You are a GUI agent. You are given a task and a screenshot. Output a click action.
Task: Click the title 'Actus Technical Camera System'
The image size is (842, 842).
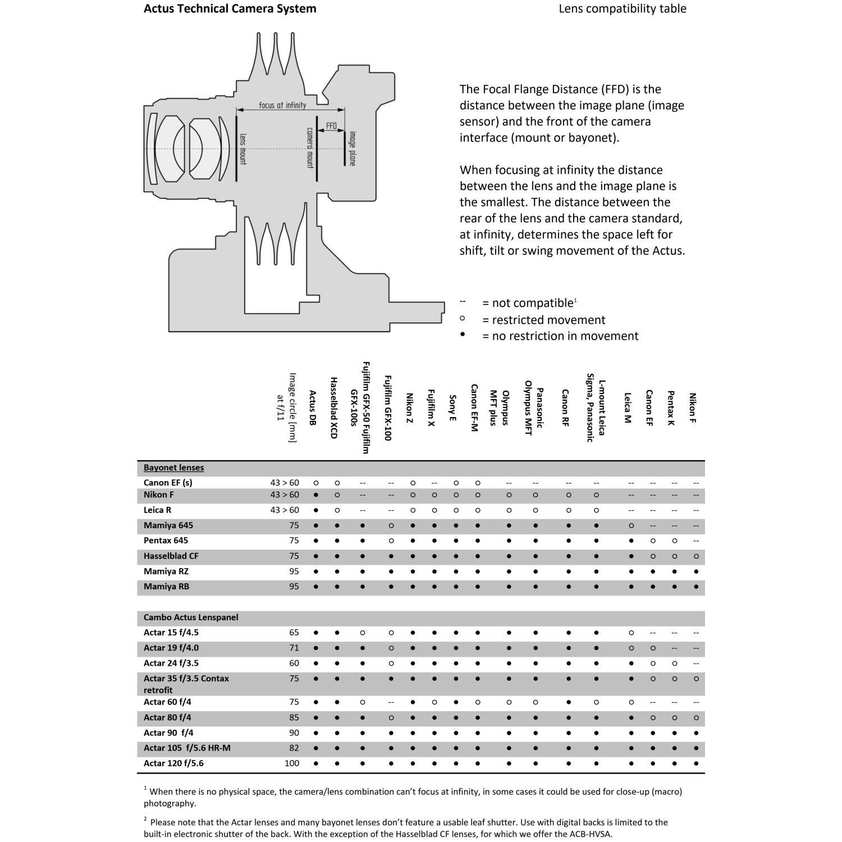point(230,9)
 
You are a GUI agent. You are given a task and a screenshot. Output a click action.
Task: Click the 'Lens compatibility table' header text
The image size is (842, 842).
point(622,9)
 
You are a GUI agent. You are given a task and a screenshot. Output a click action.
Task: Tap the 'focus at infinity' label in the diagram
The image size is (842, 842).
point(282,105)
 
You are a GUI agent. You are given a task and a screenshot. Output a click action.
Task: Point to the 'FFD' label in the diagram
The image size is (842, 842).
point(331,126)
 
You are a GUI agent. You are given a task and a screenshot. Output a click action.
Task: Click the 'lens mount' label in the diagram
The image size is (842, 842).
point(243,149)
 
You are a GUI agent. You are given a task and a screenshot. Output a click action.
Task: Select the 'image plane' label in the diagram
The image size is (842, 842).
point(353,148)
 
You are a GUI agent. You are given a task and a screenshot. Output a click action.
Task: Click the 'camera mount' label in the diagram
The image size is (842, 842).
point(310,148)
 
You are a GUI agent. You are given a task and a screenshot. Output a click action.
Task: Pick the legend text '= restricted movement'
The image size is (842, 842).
point(543,320)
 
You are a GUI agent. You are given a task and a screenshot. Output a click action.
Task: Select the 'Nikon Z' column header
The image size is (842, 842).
point(410,408)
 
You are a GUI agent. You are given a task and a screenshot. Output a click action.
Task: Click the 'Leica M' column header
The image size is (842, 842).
point(628,408)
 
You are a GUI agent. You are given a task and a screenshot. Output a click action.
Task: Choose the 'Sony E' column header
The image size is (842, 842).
point(452,408)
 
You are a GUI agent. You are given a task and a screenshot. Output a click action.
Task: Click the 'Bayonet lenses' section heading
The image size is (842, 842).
point(173,468)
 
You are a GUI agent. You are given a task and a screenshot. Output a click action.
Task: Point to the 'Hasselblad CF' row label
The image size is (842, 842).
point(171,556)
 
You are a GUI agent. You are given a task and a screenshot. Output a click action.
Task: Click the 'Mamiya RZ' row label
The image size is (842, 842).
point(166,571)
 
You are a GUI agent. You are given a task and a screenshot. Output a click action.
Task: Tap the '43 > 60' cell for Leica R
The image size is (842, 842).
point(285,510)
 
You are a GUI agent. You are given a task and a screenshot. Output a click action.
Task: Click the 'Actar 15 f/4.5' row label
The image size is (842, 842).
point(171,633)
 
